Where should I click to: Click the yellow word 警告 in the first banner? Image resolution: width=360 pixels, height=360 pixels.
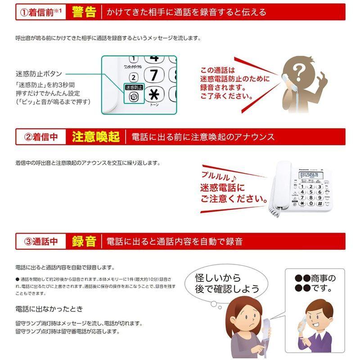84,12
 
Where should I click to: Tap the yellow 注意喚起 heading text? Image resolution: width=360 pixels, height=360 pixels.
95,137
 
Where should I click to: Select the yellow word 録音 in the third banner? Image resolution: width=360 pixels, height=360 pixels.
84,242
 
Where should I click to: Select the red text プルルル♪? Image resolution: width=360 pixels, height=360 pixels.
217,176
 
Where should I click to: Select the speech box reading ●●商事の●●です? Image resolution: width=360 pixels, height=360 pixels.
315,283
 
